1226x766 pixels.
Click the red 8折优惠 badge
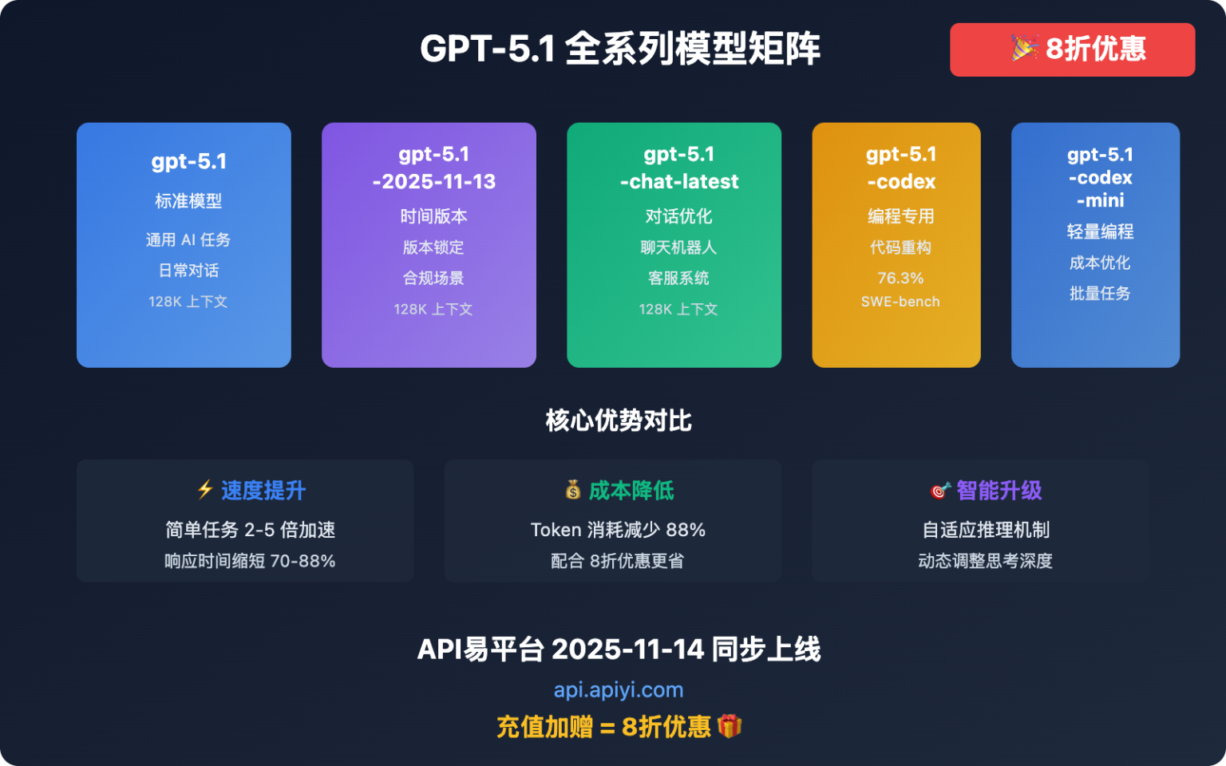[1072, 49]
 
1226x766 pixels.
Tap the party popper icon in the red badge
[1024, 48]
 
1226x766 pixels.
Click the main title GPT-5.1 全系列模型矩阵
[619, 49]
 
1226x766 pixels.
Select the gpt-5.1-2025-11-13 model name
[433, 168]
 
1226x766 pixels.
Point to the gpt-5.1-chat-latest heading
[678, 168]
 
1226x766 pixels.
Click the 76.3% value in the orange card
[900, 278]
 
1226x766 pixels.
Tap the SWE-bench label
[900, 302]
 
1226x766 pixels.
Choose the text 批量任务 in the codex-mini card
[1099, 294]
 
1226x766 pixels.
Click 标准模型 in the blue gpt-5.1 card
[188, 201]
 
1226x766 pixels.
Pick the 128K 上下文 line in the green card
[678, 309]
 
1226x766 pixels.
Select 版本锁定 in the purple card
[433, 247]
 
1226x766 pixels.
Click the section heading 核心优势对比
[618, 421]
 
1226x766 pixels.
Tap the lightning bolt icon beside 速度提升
[205, 489]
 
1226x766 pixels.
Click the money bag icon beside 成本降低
[573, 489]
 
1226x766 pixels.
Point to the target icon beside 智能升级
[940, 490]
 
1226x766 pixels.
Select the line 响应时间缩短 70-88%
[249, 561]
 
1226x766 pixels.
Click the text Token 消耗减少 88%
[618, 530]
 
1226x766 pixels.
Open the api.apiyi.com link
[618, 689]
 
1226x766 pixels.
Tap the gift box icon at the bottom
[729, 726]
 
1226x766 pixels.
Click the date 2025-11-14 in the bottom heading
[627, 650]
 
